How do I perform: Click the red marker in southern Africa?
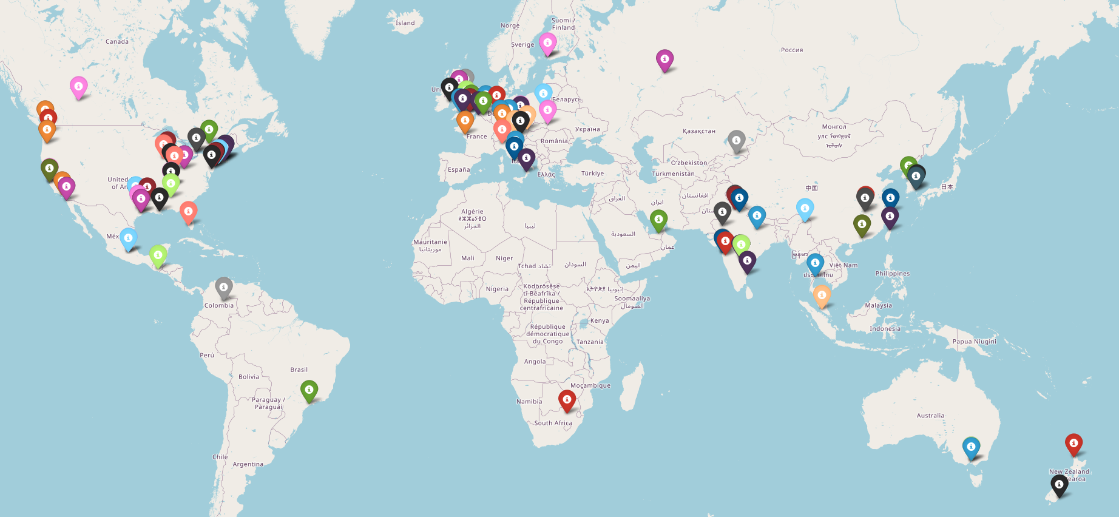567,400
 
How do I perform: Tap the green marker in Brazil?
309,390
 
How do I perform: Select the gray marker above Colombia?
224,288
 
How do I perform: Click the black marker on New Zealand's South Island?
1059,485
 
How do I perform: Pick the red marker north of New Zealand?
1073,444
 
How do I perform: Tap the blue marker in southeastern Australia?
971,448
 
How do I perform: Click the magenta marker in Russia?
665,60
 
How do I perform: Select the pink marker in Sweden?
548,43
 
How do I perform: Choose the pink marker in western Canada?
78,87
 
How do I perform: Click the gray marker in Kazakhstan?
736,141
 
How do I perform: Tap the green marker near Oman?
658,220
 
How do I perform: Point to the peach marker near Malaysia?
822,296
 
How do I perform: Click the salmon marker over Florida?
189,212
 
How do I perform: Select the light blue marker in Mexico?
128,238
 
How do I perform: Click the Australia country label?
930,416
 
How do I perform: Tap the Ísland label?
405,23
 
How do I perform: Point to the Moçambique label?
590,385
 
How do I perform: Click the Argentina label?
248,464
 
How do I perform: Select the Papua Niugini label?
974,342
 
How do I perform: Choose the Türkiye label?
592,174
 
